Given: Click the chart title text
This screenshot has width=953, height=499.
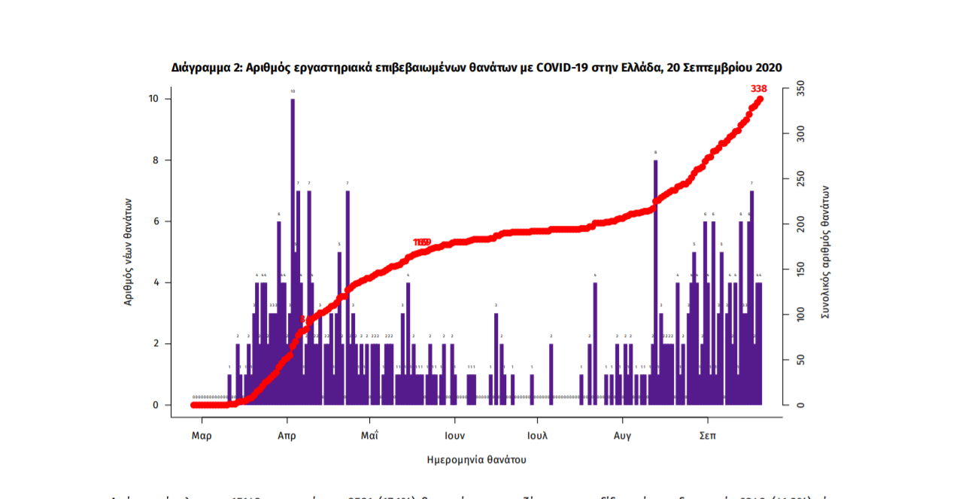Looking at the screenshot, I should (476, 68).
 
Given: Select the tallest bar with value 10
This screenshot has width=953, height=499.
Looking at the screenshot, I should (293, 248).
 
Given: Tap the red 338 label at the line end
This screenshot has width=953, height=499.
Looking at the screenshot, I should (758, 89).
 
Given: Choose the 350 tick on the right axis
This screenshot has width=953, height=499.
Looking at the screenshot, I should (800, 89).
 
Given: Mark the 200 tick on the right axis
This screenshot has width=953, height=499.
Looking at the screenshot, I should (800, 224).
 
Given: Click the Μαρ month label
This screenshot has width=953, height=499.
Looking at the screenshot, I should (201, 436).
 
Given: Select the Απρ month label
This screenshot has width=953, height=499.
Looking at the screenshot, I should (287, 436).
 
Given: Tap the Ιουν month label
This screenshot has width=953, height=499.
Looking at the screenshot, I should (454, 436).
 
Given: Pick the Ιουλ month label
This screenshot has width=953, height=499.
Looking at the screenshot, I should (537, 436).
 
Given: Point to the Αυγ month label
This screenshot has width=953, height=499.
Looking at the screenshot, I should (622, 436).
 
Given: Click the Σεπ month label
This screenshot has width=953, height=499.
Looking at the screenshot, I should (707, 436).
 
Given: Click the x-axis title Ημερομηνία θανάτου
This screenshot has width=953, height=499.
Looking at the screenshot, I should (476, 459).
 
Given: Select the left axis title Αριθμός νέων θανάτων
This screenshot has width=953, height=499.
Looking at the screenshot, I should (129, 251).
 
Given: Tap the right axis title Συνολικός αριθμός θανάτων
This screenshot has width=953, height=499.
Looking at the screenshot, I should (825, 252).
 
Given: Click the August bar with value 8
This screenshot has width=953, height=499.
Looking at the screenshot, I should (655, 282).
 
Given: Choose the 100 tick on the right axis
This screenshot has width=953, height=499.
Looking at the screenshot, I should (800, 315).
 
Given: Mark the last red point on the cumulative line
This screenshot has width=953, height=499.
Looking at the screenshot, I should (760, 99).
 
